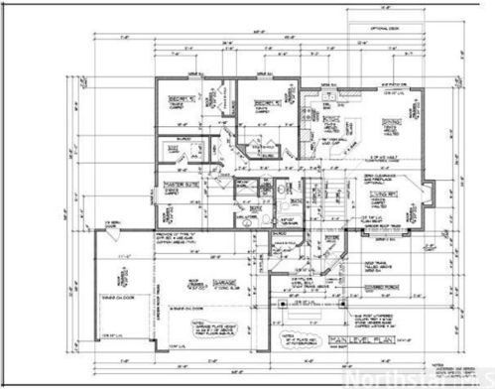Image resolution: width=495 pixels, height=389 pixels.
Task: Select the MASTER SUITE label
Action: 183,185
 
